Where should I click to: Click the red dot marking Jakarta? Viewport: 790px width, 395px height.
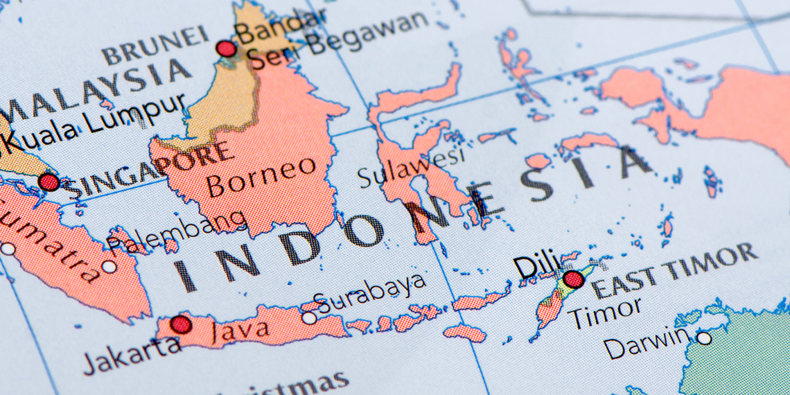(181, 324)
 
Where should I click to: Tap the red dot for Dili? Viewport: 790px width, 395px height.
(573, 279)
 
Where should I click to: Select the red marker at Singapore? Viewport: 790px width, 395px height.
(49, 182)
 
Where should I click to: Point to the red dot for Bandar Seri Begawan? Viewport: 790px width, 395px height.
(226, 49)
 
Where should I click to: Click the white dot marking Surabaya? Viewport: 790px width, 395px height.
(308, 317)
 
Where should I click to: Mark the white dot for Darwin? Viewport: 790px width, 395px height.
(703, 338)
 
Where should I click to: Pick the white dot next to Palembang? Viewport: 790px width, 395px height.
(109, 266)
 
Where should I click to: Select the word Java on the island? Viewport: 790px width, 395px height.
(240, 329)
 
